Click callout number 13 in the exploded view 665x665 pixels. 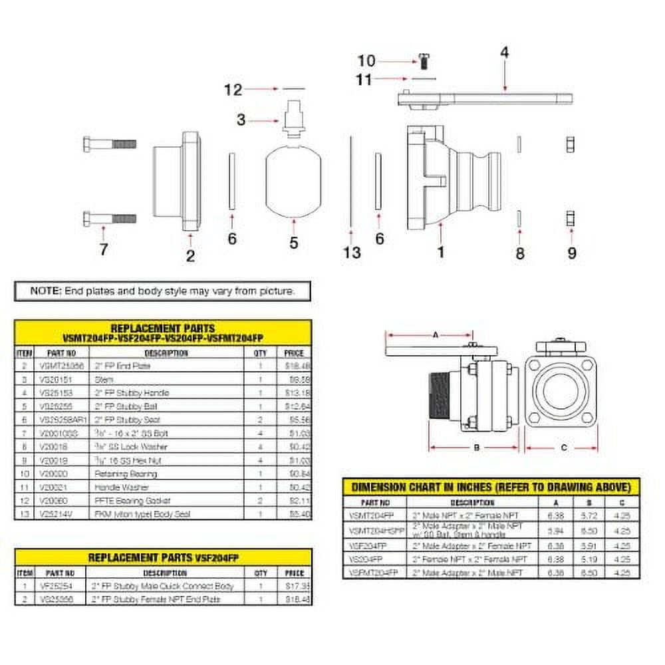(352, 252)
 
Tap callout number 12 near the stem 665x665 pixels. (233, 90)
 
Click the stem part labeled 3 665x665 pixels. (293, 119)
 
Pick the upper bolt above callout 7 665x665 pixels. (110, 144)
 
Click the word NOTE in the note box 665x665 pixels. (46, 291)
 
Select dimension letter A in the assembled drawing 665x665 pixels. (435, 336)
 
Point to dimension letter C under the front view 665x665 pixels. (564, 448)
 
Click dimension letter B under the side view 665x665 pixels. (476, 448)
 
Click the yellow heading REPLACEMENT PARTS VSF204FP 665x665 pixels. (163, 557)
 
